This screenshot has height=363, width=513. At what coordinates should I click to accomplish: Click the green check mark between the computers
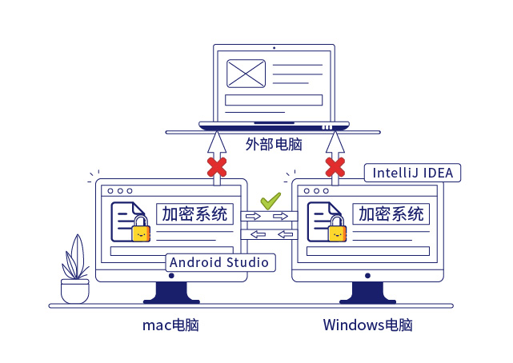pyautogui.click(x=271, y=200)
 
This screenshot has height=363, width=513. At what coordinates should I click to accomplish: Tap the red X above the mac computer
pyautogui.click(x=216, y=167)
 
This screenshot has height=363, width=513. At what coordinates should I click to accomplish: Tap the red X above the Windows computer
pyautogui.click(x=335, y=167)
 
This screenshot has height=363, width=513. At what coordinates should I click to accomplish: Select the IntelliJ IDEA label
pyautogui.click(x=412, y=173)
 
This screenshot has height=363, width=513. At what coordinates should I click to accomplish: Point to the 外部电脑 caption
pyautogui.click(x=274, y=145)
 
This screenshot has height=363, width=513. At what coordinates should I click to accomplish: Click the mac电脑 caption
pyautogui.click(x=170, y=325)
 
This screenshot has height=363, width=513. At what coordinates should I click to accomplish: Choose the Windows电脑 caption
pyautogui.click(x=368, y=325)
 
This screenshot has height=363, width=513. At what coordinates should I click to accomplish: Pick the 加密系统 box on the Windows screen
pyautogui.click(x=391, y=214)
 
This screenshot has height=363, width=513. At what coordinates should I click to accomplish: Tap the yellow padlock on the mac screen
pyautogui.click(x=142, y=230)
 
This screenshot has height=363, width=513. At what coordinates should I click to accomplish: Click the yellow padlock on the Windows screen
pyautogui.click(x=338, y=230)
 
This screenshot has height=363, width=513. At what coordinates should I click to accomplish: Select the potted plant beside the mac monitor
pyautogui.click(x=74, y=272)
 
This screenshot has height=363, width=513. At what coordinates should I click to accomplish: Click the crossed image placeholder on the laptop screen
pyautogui.click(x=246, y=74)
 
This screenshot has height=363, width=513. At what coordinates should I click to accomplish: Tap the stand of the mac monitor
pyautogui.click(x=171, y=292)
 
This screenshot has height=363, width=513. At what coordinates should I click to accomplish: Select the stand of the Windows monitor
pyautogui.click(x=367, y=292)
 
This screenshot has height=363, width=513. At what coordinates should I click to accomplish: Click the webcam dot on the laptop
pyautogui.click(x=274, y=47)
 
